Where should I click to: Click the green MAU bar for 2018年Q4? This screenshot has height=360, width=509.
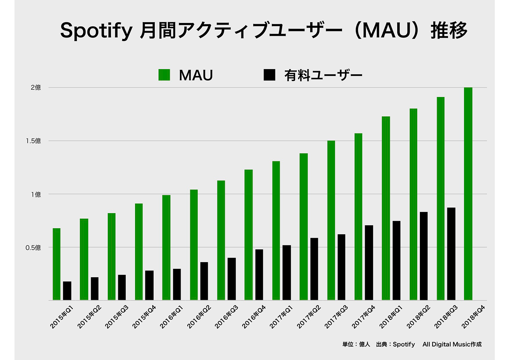468,194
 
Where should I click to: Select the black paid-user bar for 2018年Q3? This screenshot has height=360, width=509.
451,254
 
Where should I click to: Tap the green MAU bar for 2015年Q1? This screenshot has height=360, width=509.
56,264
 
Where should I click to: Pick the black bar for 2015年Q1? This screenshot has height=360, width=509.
67,291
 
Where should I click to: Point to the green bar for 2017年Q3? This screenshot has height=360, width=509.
331,220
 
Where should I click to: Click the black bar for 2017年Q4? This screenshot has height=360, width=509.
369,263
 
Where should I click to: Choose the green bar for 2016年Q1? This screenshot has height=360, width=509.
166,247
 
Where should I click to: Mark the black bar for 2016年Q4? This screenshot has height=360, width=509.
259,275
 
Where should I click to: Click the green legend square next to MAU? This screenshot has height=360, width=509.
164,75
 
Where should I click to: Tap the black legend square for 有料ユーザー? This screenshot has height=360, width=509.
270,75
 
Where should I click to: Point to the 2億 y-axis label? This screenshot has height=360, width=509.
36,88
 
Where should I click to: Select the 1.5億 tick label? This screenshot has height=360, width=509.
33,141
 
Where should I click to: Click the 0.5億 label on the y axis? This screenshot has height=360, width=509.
33,247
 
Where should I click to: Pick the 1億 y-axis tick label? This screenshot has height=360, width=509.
36,194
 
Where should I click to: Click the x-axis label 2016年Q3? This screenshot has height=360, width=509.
227,316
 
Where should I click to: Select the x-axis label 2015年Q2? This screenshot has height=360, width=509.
90,316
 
